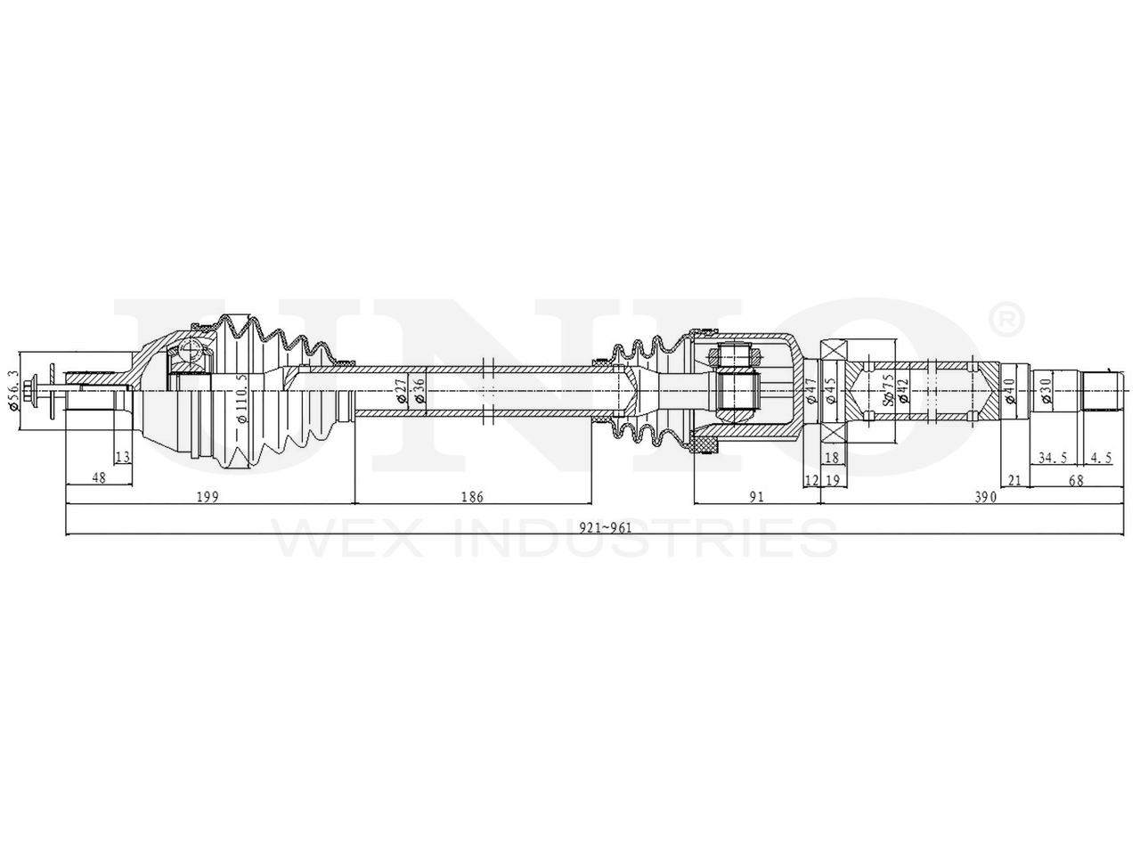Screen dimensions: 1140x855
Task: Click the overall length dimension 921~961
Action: (605, 527)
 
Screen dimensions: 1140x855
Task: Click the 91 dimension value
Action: (756, 496)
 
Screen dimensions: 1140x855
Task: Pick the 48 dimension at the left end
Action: (99, 478)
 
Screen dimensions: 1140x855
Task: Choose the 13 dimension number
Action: (123, 458)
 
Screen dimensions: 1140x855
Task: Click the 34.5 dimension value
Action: (1053, 458)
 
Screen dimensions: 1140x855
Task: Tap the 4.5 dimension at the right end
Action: (1101, 458)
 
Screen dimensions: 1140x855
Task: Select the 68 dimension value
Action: (1076, 479)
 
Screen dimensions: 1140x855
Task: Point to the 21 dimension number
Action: (1014, 479)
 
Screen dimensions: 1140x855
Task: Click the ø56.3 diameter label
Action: (12, 390)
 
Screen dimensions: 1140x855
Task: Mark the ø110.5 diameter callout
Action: (240, 397)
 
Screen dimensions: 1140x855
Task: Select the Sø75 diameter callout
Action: (888, 390)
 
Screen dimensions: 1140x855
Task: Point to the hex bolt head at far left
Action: (33, 389)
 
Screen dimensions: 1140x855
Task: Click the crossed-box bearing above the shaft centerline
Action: (835, 350)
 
